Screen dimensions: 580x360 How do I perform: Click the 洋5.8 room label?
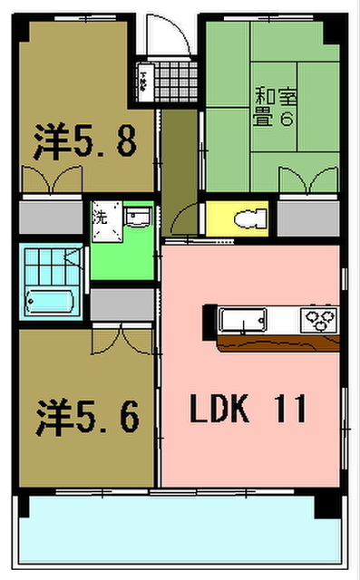coord(85,142)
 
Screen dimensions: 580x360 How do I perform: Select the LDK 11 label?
coord(248,410)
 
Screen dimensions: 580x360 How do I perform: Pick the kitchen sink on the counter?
coord(242,319)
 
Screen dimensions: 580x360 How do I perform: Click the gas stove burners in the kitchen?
coord(319,318)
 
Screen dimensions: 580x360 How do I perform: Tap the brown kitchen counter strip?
coord(277,342)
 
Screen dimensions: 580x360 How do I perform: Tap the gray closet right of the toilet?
coord(307,218)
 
